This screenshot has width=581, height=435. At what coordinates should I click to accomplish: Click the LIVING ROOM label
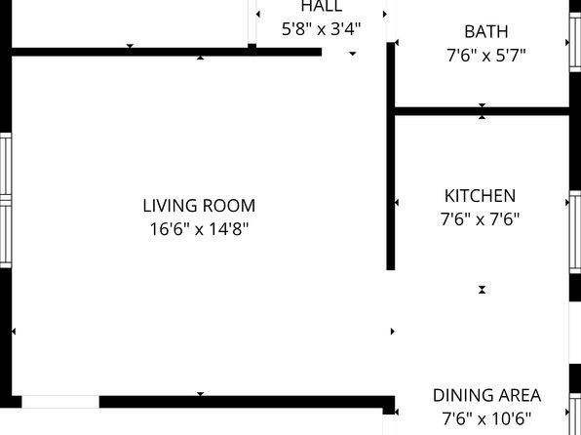point(199,206)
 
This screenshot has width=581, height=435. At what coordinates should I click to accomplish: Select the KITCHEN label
point(480,196)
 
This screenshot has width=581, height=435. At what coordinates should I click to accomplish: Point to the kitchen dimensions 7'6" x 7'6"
point(480,219)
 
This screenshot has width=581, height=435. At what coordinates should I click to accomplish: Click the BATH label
point(485,32)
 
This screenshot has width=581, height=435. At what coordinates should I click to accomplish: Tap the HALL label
point(321,7)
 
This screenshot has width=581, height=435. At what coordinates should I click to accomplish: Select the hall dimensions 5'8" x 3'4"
point(321,29)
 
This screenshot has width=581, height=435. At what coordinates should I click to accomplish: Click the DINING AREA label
point(486,395)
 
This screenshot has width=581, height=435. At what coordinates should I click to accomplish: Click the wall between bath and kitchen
point(481,111)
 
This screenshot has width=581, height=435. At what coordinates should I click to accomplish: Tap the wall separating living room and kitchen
point(391,185)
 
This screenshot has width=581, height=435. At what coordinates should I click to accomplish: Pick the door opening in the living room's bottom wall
point(59,402)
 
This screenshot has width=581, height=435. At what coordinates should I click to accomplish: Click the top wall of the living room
point(166,52)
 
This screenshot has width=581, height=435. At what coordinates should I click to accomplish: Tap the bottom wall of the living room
point(244,401)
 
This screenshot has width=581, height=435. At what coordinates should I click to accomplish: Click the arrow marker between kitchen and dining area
point(482,290)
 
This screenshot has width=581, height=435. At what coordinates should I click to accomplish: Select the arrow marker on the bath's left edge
point(396,43)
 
